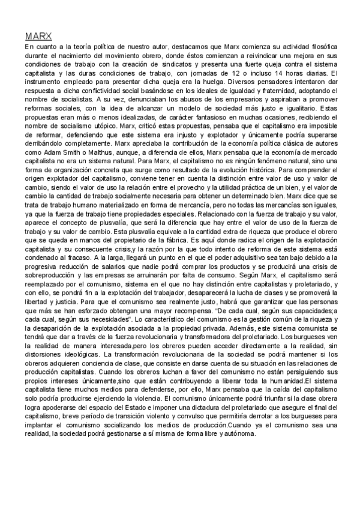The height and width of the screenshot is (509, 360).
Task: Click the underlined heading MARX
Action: coord(37,36)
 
